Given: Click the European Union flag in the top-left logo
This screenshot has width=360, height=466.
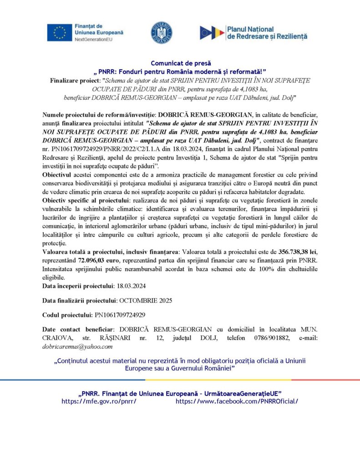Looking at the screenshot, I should [59, 33].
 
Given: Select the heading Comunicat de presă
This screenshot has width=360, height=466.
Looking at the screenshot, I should [181, 63].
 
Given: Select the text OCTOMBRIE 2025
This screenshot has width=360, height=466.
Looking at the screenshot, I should [146, 300].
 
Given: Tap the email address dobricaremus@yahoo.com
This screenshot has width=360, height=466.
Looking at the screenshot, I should [77, 346].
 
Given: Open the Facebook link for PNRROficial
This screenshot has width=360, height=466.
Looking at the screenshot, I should [237, 401].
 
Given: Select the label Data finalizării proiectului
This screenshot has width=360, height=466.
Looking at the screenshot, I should [80, 300].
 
